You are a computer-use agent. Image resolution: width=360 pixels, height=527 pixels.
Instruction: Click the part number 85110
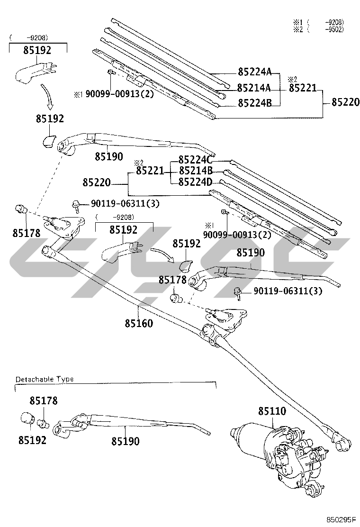tap(272, 411)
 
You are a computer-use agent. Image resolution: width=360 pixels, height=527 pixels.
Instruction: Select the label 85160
tap(139, 323)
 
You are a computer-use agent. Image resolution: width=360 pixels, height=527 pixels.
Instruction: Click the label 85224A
tap(254, 71)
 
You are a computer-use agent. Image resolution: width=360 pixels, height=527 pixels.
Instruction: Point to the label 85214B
tap(196, 171)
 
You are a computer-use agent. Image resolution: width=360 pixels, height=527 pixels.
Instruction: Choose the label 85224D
tap(196, 182)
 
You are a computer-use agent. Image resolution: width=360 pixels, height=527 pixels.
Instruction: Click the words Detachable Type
tap(45, 379)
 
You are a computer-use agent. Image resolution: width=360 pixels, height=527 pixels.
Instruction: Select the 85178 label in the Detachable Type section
tap(44, 400)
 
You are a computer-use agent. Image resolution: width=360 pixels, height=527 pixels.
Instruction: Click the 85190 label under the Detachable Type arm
tap(125, 441)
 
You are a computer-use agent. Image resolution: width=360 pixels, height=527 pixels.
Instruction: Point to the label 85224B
tap(254, 103)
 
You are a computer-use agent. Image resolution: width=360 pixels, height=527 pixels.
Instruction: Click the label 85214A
tap(254, 87)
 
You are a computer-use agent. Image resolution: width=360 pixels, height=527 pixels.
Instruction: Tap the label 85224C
tap(196, 159)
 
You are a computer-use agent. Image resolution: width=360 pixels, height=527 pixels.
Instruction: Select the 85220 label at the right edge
tap(346, 102)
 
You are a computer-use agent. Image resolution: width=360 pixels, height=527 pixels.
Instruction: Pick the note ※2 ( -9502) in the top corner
tap(319, 29)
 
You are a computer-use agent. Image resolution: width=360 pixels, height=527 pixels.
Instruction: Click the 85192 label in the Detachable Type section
tap(32, 440)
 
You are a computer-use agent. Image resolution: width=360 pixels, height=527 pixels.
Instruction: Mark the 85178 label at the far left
tap(27, 233)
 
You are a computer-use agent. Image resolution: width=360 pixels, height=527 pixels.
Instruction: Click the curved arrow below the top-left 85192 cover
tap(47, 97)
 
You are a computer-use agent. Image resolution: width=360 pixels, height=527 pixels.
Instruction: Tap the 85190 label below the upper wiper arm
tap(109, 156)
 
